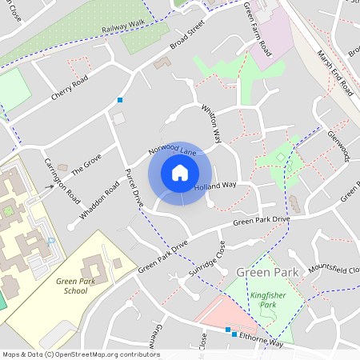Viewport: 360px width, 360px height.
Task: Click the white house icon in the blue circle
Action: coord(180,173)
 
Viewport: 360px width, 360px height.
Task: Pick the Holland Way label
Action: coord(216,186)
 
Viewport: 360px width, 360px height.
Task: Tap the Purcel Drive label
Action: coord(133,189)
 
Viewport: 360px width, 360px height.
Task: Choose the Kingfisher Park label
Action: coord(268,301)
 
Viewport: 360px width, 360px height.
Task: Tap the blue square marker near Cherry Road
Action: coord(120,100)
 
